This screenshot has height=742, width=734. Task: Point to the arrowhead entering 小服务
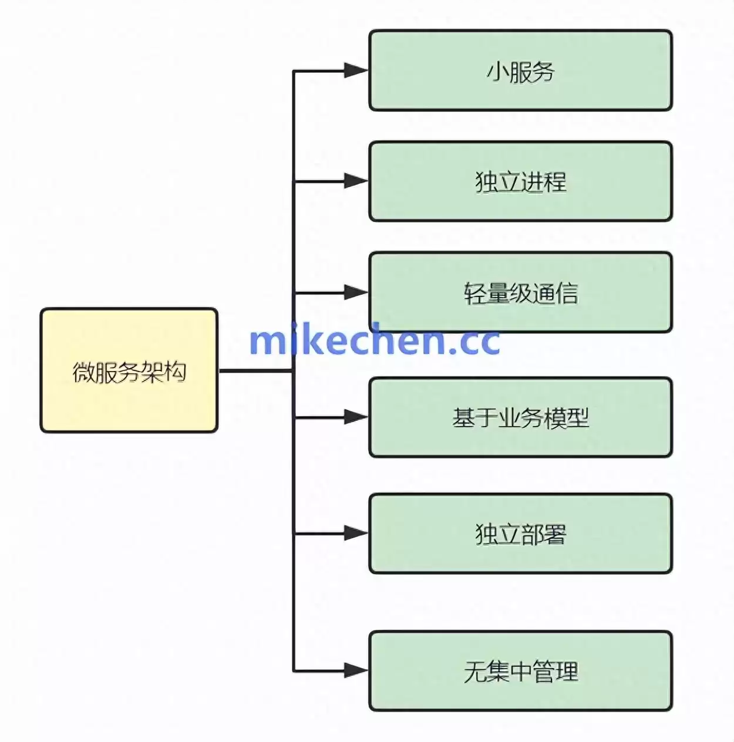coord(356,70)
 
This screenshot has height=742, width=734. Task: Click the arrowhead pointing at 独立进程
coord(356,181)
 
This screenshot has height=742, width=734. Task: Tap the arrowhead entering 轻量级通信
coord(356,292)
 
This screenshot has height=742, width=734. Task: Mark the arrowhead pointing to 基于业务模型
coord(356,417)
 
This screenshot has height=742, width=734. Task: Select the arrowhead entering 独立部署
coord(356,533)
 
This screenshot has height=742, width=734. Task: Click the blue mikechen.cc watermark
coord(374,340)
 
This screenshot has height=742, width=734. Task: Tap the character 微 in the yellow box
coord(83,372)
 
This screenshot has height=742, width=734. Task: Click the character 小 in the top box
coord(497,72)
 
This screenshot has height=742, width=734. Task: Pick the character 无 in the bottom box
coord(474,672)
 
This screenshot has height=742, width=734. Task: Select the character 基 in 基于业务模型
coord(463,418)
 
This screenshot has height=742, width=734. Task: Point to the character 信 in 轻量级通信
coord(567,293)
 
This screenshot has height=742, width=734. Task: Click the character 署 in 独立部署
coord(555,534)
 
